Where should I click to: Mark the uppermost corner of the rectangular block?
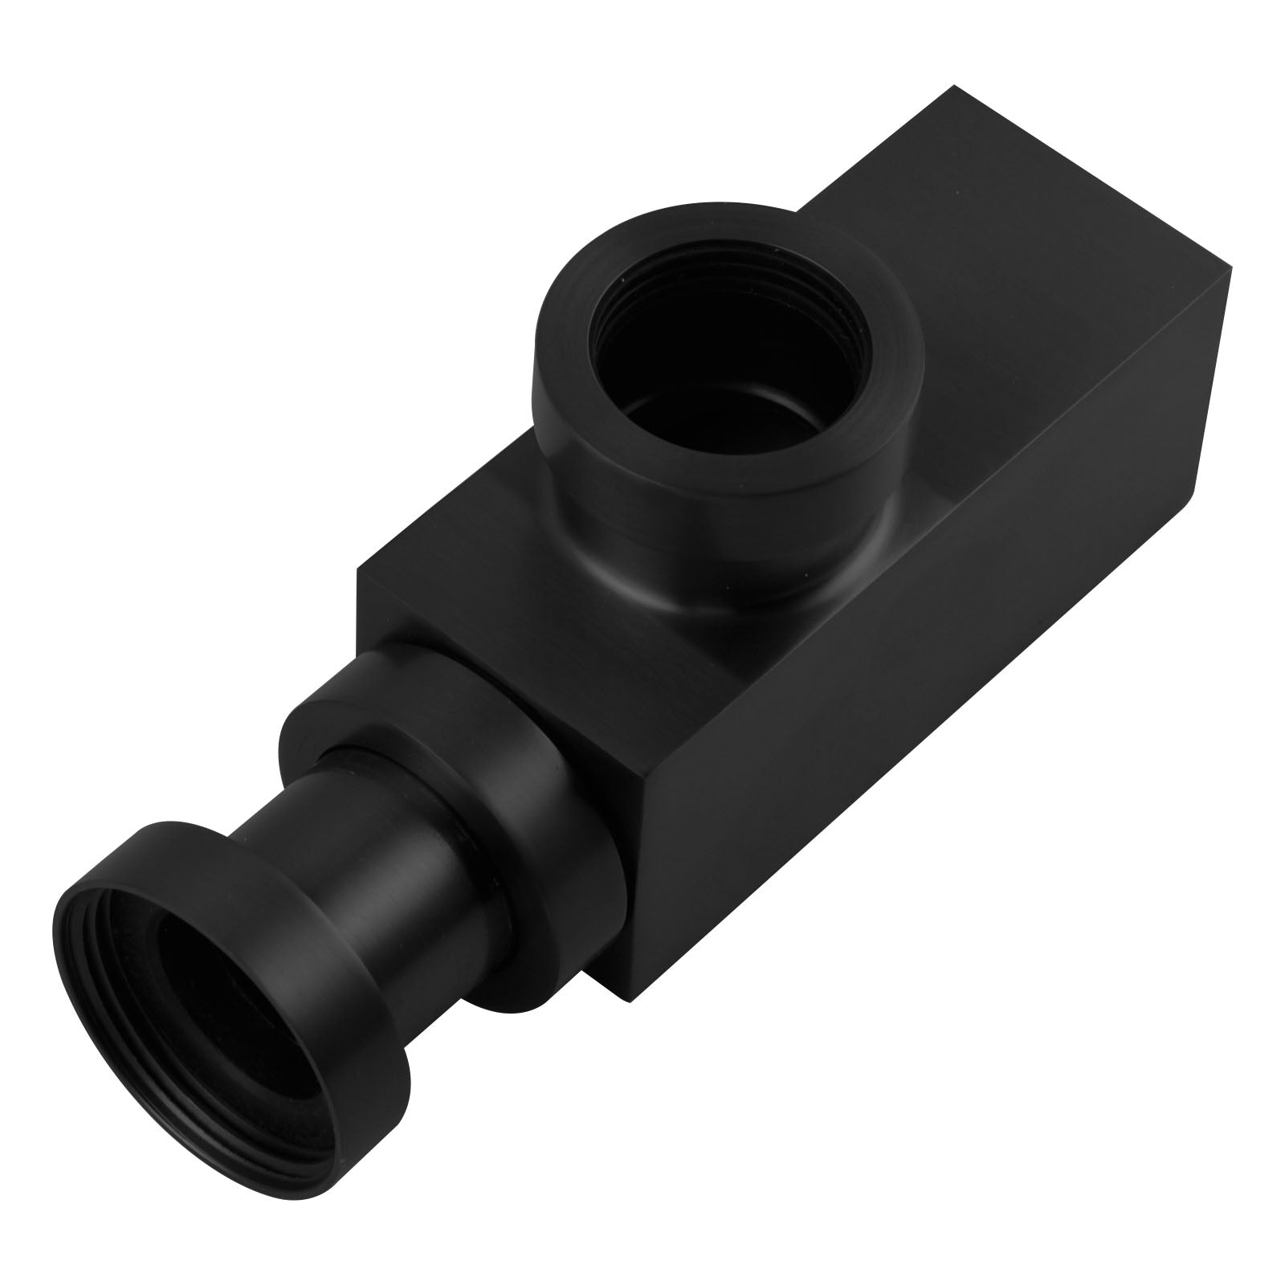click(x=953, y=86)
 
